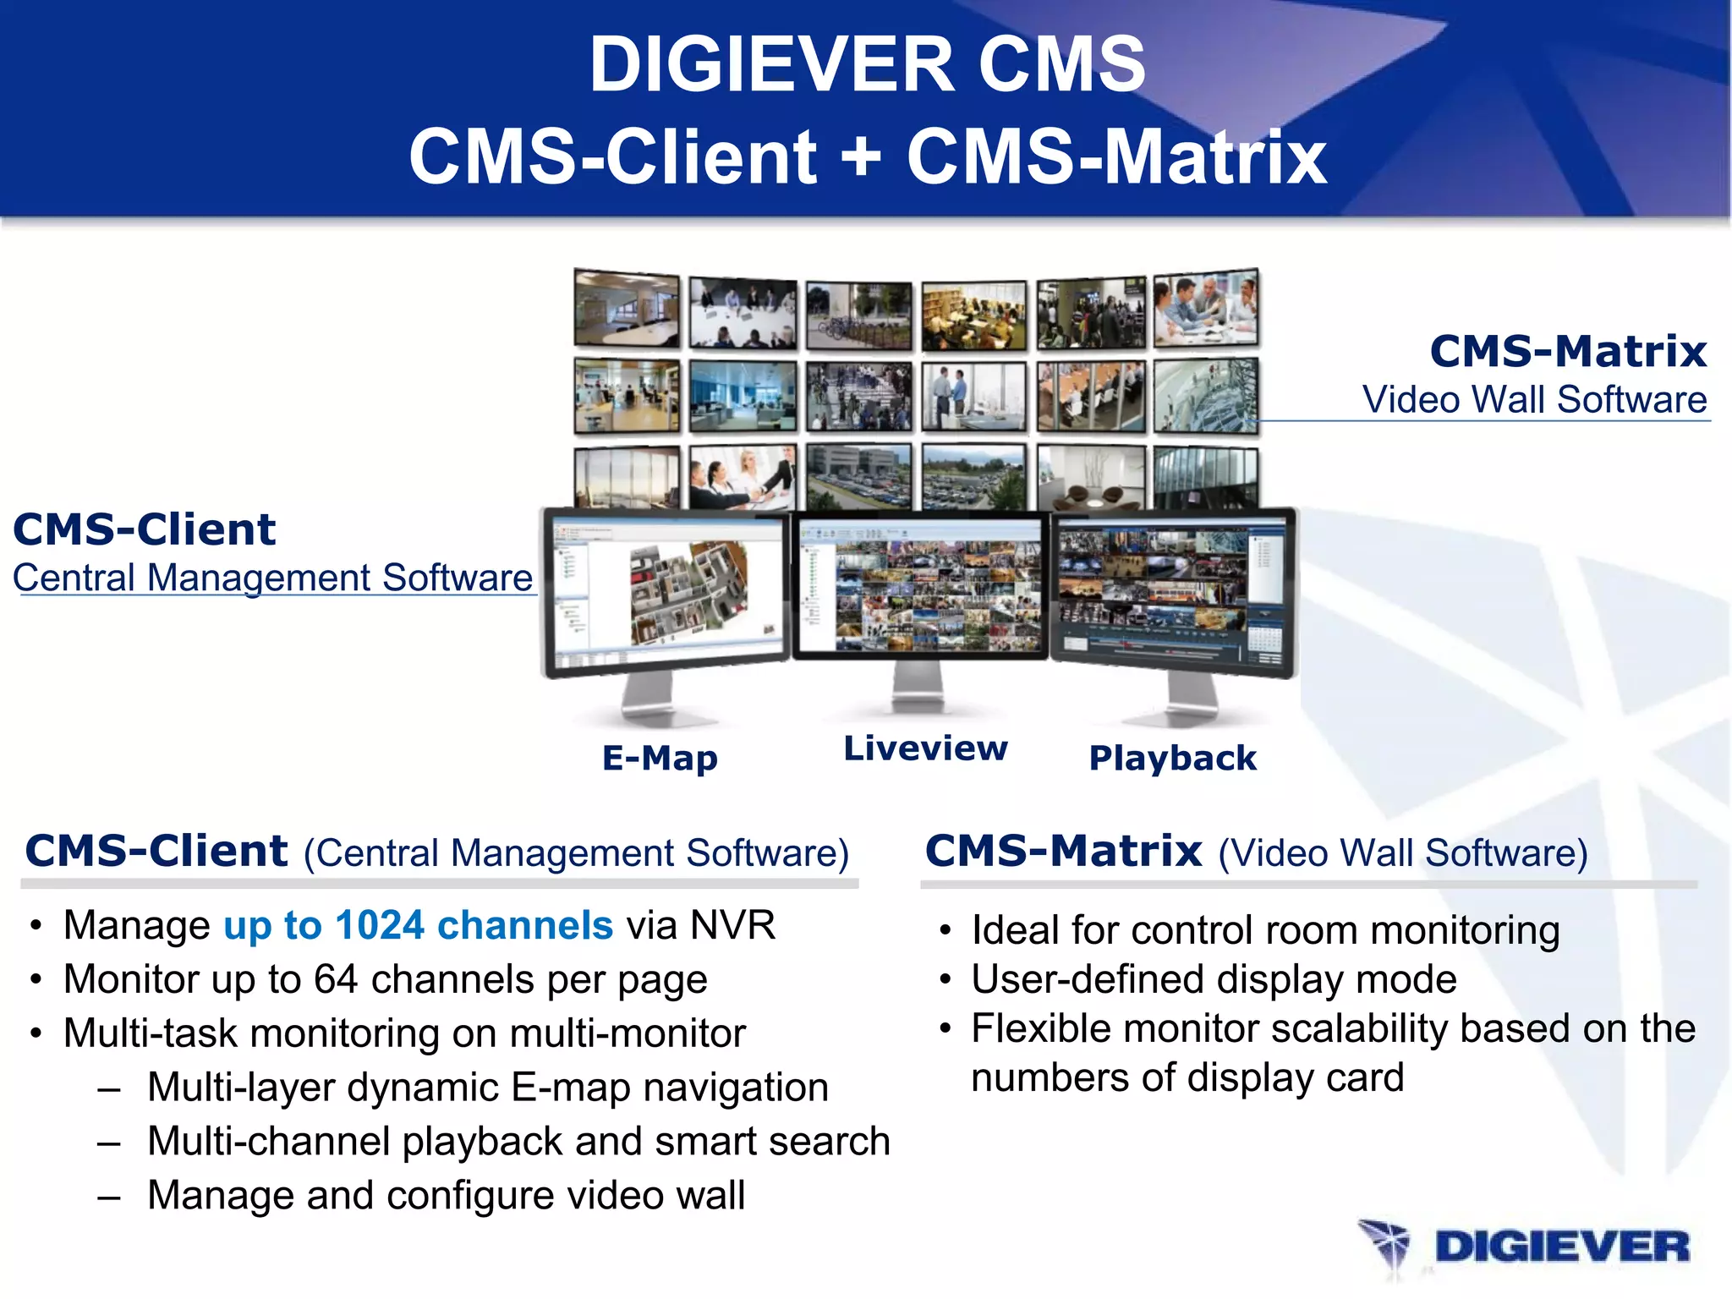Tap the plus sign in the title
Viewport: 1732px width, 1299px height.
tap(862, 157)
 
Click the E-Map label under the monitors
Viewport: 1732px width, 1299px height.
tap(660, 758)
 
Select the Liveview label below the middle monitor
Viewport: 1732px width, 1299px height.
tap(925, 748)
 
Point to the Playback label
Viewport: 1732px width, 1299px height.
tap(1172, 758)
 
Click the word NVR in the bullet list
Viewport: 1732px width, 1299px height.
tap(732, 925)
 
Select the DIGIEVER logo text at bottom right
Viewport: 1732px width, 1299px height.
tap(1561, 1247)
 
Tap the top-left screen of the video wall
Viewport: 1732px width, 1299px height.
tap(626, 309)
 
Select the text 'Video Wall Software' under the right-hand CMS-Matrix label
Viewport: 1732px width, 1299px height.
tap(1534, 399)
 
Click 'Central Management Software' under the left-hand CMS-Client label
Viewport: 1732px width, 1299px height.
tap(272, 578)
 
